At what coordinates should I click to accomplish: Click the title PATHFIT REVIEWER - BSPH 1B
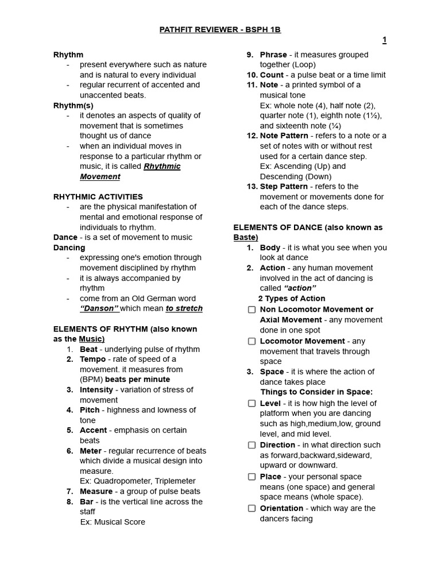220,29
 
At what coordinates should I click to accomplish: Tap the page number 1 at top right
384,40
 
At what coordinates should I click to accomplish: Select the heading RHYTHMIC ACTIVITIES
98,196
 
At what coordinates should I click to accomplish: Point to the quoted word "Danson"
99,308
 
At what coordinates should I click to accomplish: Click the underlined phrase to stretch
184,308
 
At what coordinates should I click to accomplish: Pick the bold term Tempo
92,359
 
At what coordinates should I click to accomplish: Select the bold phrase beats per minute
137,380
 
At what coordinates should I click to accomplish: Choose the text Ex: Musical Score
113,522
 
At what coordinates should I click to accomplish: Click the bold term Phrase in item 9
273,55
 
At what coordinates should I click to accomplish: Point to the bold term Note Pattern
284,136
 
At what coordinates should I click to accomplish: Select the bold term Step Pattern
284,187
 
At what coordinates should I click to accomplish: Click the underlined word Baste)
246,237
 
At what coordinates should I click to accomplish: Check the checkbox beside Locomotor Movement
252,341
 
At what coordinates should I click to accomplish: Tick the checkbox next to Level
252,403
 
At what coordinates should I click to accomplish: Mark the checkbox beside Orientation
252,508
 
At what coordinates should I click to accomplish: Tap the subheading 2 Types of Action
292,299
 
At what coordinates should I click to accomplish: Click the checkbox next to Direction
252,445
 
